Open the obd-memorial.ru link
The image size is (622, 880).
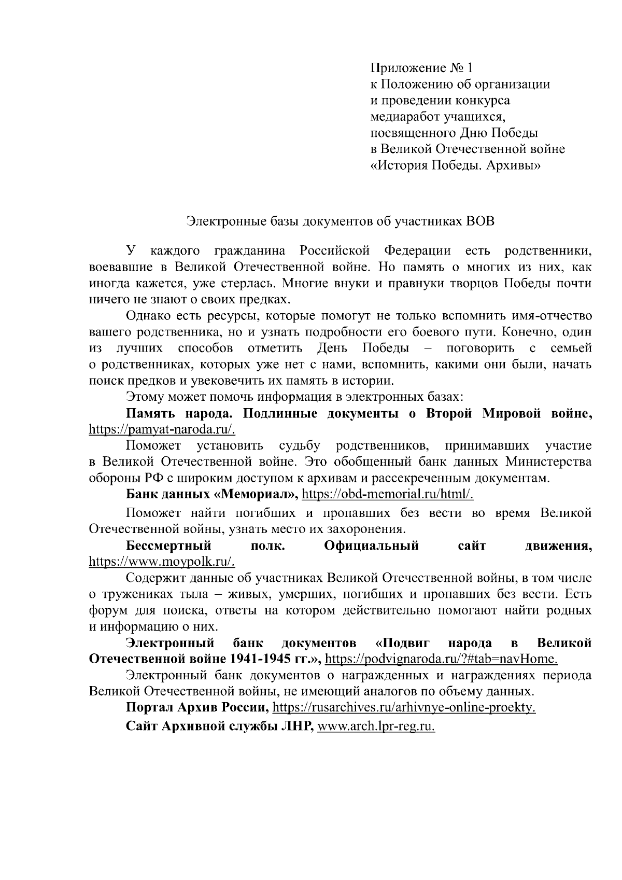(388, 494)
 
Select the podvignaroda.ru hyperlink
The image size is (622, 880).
(441, 659)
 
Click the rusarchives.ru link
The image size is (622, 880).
(404, 708)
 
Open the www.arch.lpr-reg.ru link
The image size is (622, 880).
(376, 727)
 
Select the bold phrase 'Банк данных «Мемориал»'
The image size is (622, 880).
(212, 494)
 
